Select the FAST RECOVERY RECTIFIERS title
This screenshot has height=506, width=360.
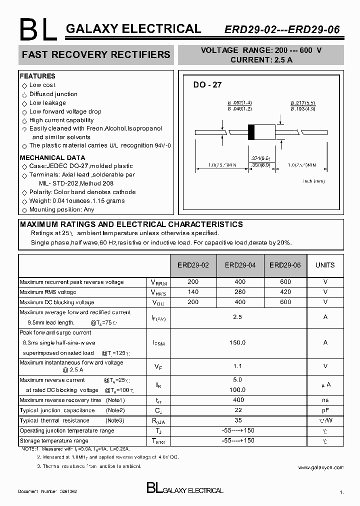click(x=96, y=54)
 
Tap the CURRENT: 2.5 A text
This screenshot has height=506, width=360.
click(x=261, y=59)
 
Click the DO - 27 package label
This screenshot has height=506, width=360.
click(x=207, y=85)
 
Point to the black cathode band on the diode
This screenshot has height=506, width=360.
click(x=252, y=131)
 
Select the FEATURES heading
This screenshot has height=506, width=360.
click(x=37, y=76)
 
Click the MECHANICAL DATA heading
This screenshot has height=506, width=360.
click(x=49, y=157)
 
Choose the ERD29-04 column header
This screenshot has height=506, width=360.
click(x=240, y=265)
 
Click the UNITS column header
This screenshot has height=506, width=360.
click(x=325, y=265)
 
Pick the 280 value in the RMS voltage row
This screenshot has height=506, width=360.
click(x=240, y=292)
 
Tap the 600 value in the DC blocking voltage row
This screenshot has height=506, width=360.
click(x=285, y=302)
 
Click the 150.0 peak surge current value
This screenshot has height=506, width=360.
click(x=238, y=342)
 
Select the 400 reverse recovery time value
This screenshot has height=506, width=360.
click(x=238, y=400)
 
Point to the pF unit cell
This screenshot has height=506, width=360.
click(x=325, y=410)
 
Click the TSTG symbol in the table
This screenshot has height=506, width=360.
click(x=157, y=441)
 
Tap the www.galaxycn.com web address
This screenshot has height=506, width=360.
click(x=320, y=467)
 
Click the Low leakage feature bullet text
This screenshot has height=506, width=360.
click(x=47, y=103)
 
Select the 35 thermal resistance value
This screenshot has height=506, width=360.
click(x=238, y=420)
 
